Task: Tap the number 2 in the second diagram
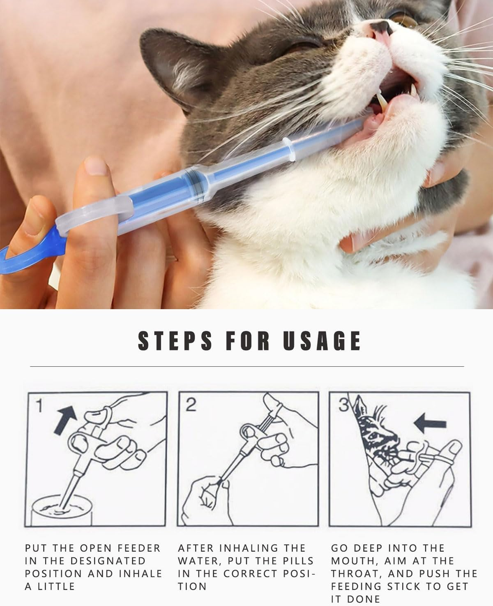point(191,405)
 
